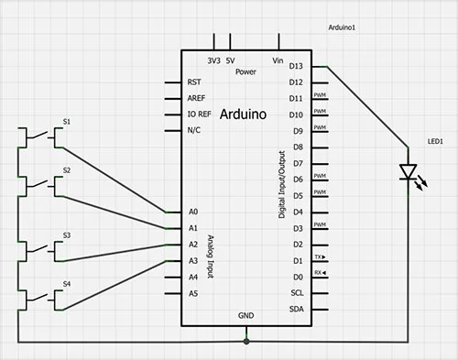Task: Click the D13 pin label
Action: point(295,66)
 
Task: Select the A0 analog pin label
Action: point(192,212)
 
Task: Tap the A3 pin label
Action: point(192,261)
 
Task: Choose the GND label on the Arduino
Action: point(245,314)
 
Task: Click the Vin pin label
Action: point(278,60)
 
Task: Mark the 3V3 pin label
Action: point(213,60)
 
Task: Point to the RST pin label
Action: point(193,82)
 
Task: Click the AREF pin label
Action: point(195,98)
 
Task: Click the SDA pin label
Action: point(295,310)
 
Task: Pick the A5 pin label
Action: point(192,293)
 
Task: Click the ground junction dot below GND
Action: point(245,341)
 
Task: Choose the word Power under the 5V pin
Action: point(245,71)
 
